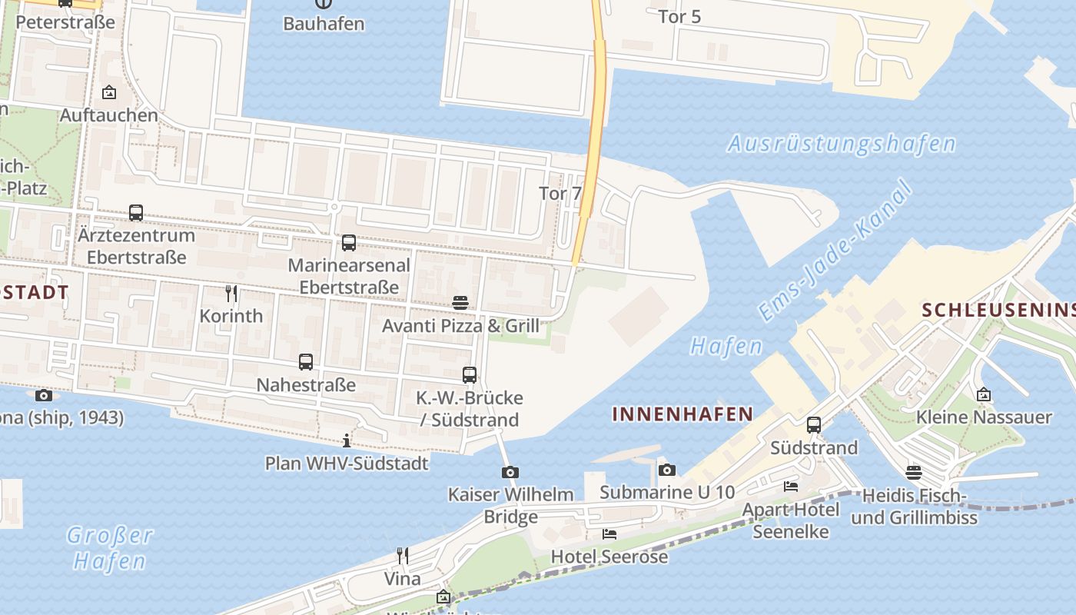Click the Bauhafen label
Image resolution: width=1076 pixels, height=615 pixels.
pos(323,23)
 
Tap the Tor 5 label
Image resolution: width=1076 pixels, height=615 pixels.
pos(679,16)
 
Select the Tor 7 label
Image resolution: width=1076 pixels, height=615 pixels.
pos(560,193)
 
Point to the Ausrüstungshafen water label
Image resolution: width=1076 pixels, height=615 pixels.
pos(842,144)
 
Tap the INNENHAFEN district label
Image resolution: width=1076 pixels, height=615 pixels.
pos(682,414)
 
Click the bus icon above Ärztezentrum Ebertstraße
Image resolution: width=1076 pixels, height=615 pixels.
pos(136,212)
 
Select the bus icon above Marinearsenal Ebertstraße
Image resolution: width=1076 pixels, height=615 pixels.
pos(348,243)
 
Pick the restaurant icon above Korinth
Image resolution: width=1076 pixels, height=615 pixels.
pos(231,293)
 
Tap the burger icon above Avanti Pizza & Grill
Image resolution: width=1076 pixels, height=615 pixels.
pos(460,302)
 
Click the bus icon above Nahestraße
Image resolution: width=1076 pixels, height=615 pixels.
pos(306,361)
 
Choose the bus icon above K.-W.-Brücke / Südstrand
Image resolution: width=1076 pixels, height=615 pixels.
pos(470,375)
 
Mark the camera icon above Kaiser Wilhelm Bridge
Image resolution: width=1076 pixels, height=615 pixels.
pos(510,472)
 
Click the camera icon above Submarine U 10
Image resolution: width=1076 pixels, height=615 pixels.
pos(667,470)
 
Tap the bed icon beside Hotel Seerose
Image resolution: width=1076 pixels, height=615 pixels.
pos(609,534)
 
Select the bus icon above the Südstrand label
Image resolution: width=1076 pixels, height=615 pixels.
pos(813,424)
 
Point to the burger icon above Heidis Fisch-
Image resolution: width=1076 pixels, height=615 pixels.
pos(913,472)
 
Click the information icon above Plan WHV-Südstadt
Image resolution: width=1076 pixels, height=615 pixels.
pos(347,440)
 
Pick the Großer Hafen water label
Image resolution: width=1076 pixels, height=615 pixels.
pos(110,547)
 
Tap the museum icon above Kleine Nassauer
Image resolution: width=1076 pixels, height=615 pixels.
pos(984,394)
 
